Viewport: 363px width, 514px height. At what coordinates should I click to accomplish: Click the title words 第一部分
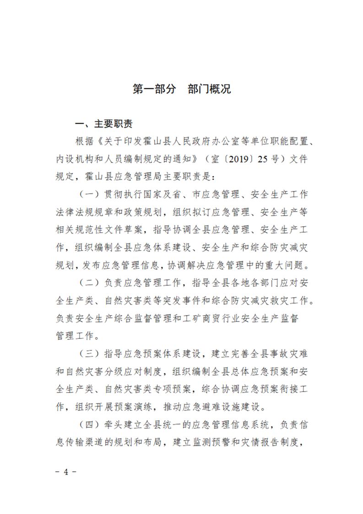pyautogui.click(x=154, y=89)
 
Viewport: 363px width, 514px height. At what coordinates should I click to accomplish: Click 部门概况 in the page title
pyautogui.click(x=209, y=89)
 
